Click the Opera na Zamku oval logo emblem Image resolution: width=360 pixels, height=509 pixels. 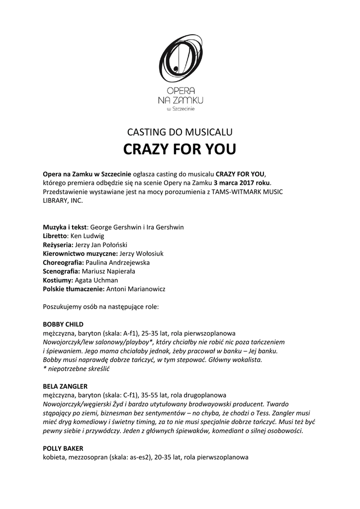tap(180, 60)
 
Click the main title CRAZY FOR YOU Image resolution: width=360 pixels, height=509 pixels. tap(180, 150)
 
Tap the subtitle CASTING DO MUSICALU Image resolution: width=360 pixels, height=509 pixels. tap(180, 132)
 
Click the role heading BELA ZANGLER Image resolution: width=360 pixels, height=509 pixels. tap(65, 386)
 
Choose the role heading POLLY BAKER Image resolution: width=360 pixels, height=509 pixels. tap(63, 448)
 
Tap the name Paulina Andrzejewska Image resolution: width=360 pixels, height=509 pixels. tap(118, 262)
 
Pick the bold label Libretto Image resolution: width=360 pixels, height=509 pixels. tap(55, 236)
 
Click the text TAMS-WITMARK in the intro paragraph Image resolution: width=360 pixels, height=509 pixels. tap(241, 192)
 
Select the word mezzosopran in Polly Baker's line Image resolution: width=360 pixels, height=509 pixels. tap(85, 457)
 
